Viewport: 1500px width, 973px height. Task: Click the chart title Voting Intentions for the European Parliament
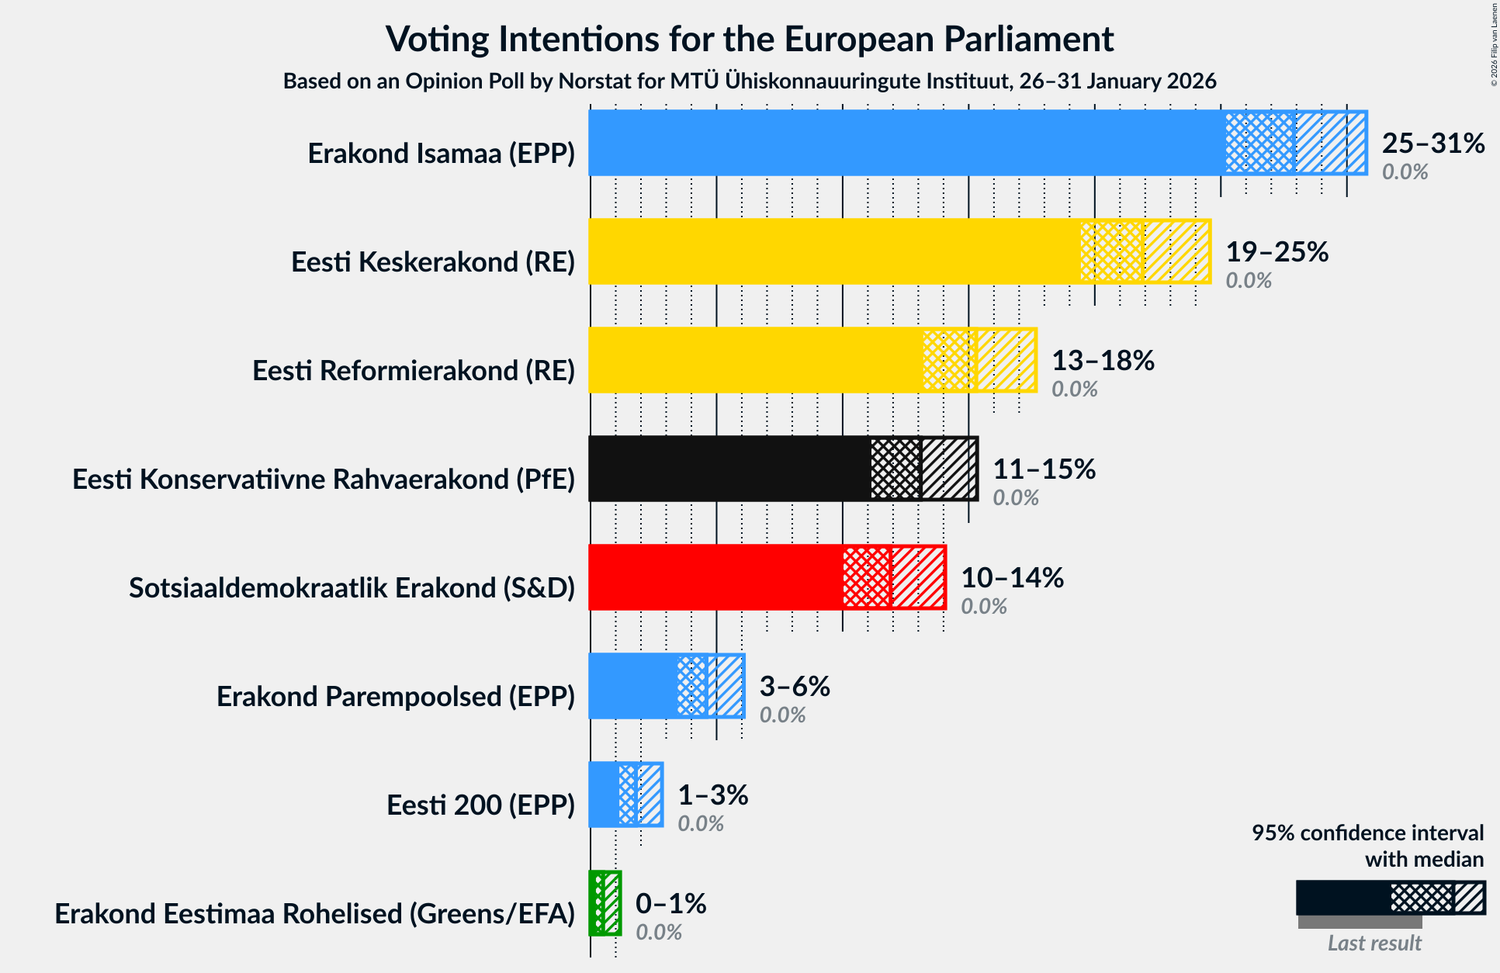pos(750,40)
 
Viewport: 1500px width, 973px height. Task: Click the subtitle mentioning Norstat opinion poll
pos(750,81)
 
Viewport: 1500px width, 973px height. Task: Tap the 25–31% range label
pos(1432,144)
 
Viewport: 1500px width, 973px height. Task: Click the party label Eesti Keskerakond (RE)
pos(433,262)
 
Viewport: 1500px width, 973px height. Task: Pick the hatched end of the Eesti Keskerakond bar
pos(1177,251)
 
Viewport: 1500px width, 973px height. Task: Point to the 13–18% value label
pos(1103,361)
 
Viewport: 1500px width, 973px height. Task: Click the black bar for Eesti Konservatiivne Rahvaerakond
pos(729,469)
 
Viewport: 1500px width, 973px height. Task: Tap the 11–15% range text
pos(1044,469)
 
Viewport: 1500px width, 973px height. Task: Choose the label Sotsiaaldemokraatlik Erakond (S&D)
pos(352,588)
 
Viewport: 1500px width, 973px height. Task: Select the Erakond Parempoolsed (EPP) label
pos(396,697)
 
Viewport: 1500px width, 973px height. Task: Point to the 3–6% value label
pos(794,687)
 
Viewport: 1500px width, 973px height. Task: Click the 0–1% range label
pos(670,904)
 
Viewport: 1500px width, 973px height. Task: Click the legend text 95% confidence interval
pos(1367,833)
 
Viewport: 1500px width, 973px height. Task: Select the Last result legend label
pos(1374,944)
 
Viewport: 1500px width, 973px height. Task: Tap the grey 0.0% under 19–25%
pos(1248,281)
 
